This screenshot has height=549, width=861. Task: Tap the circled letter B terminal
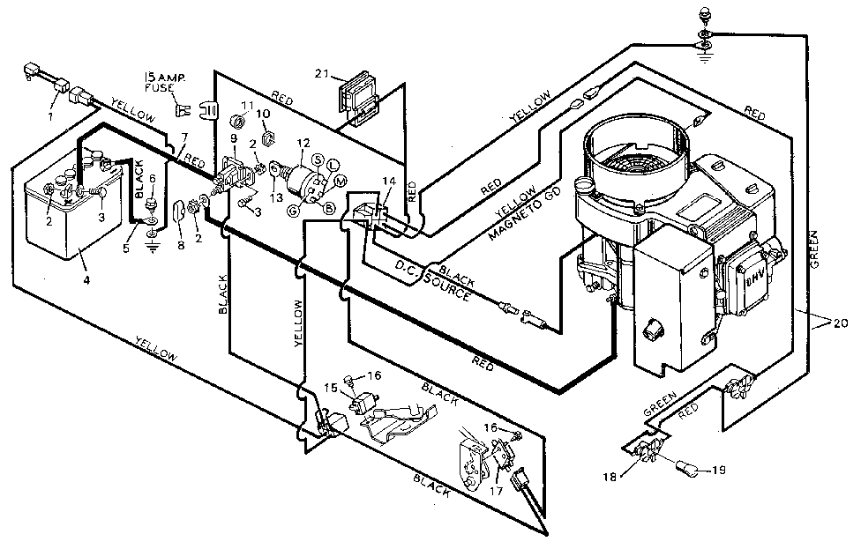(x=328, y=208)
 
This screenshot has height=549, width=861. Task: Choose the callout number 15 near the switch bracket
(x=331, y=387)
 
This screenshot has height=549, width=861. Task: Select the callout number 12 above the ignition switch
(x=303, y=143)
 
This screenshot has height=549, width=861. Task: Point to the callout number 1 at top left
(x=50, y=115)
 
